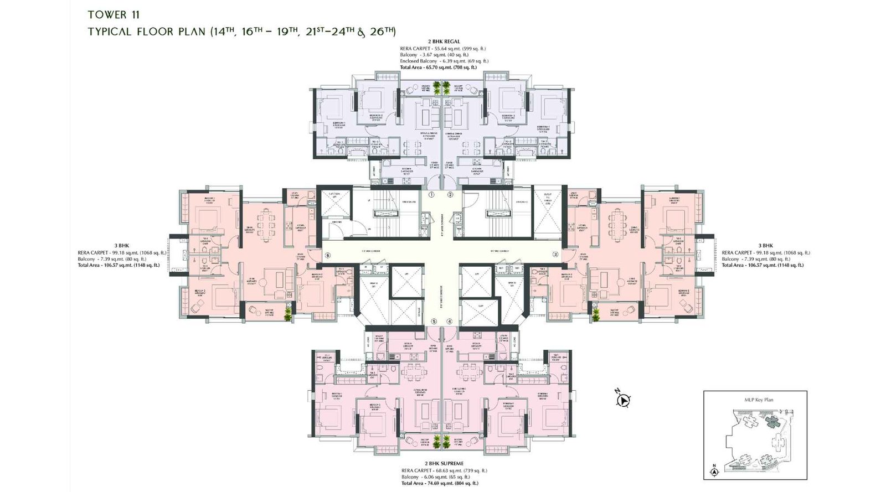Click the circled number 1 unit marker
pyautogui.click(x=432, y=194)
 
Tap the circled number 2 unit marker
pyautogui.click(x=451, y=194)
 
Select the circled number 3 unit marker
pyautogui.click(x=555, y=255)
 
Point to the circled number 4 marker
pyautogui.click(x=450, y=322)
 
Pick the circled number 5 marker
pyautogui.click(x=434, y=322)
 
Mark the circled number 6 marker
pyautogui.click(x=328, y=256)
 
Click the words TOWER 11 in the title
pyautogui.click(x=113, y=14)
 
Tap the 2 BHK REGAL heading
pyautogui.click(x=444, y=42)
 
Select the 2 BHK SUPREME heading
pyautogui.click(x=444, y=464)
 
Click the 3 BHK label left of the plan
pyautogui.click(x=122, y=245)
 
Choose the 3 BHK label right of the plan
pyautogui.click(x=766, y=245)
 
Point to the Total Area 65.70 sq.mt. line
pyautogui.click(x=438, y=68)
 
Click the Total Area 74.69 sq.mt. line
pyautogui.click(x=440, y=484)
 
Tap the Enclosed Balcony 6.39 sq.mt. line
pyautogui.click(x=444, y=61)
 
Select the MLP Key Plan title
pyautogui.click(x=759, y=400)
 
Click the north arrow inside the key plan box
pyautogui.click(x=714, y=471)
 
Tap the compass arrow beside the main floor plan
pyautogui.click(x=624, y=400)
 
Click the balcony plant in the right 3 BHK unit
pyautogui.click(x=596, y=314)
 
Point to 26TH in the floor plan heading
pyautogui.click(x=382, y=31)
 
